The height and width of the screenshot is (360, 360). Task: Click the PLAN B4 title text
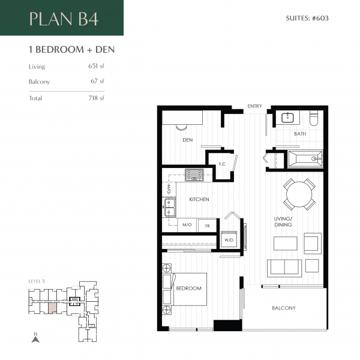tap(64, 19)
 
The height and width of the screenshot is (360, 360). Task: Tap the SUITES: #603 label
tap(307, 18)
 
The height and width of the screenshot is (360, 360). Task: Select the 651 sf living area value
tap(96, 66)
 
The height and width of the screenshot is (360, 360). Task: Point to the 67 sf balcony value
tap(97, 81)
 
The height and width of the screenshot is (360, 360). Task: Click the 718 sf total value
tap(96, 98)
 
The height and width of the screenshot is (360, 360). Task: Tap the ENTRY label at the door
tap(254, 106)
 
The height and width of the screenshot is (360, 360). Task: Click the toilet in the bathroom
tap(314, 118)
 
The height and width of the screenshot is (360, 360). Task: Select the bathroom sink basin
tap(287, 118)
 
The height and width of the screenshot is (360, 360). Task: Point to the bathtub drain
tap(314, 158)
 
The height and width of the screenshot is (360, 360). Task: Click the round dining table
tap(299, 194)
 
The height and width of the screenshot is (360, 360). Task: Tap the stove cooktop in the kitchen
tap(194, 175)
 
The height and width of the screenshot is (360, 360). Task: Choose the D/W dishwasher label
tap(169, 189)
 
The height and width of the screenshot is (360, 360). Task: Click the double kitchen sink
tap(169, 208)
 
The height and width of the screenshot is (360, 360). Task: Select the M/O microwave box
tap(187, 225)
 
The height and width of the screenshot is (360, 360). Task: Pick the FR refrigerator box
tap(208, 226)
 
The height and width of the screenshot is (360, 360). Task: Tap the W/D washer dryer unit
tap(229, 240)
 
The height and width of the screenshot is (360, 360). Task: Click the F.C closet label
tap(222, 164)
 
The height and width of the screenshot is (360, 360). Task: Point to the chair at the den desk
tap(182, 127)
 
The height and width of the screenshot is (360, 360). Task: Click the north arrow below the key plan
tap(35, 340)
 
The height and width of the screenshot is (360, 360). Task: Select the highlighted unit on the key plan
tap(52, 308)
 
